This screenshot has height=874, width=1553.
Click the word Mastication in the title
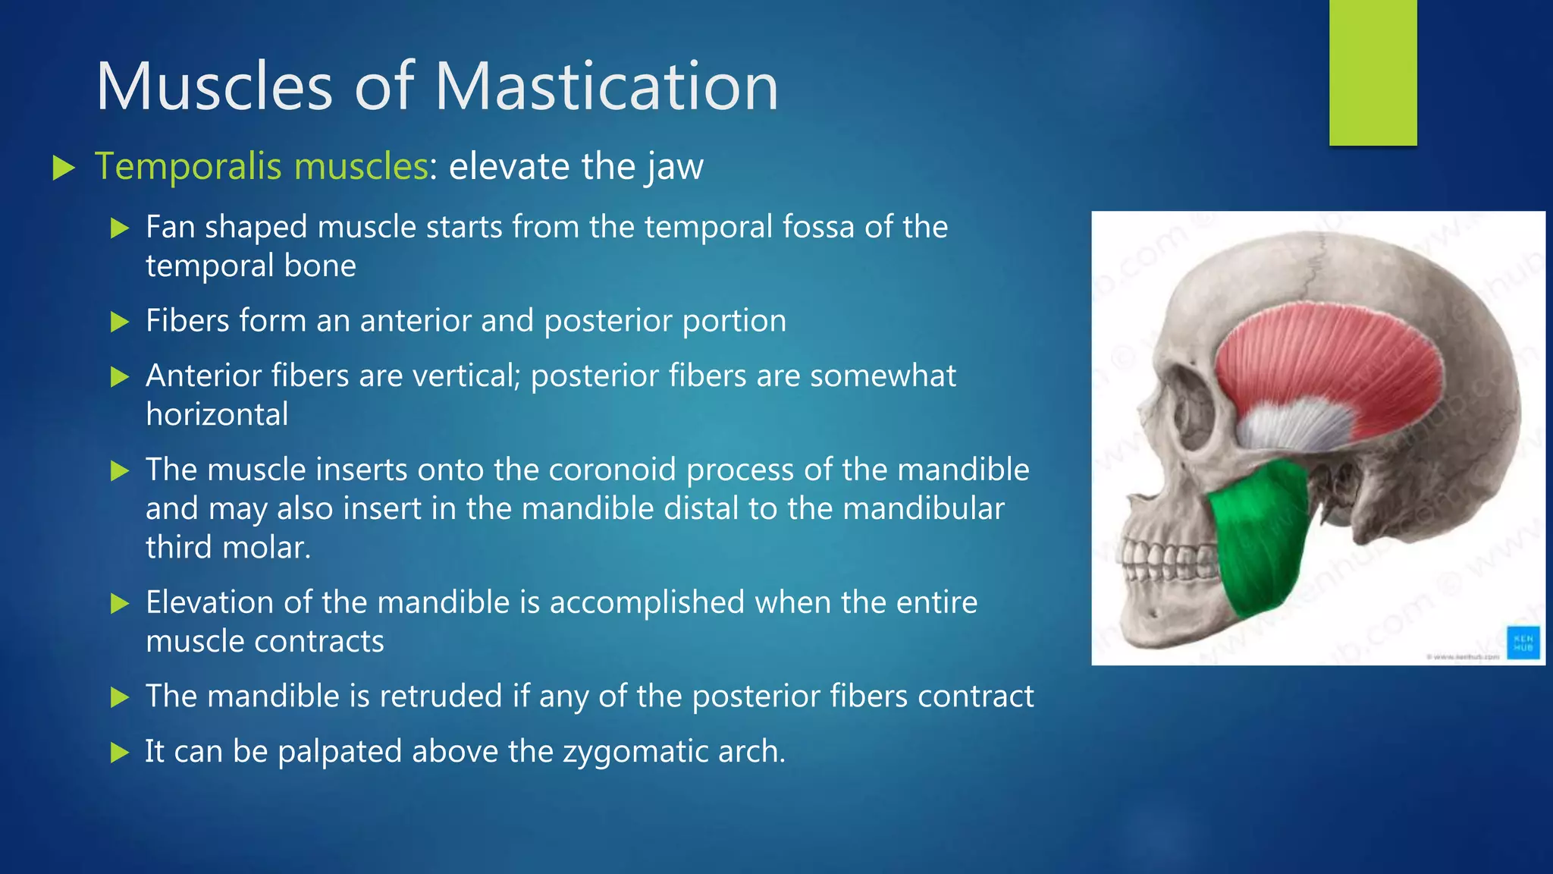[x=606, y=86]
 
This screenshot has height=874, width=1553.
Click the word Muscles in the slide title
[x=215, y=86]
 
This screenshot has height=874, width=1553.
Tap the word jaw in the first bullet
[x=675, y=168]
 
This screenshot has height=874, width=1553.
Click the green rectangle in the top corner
[x=1373, y=72]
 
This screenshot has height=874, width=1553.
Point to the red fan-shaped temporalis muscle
[x=1335, y=357]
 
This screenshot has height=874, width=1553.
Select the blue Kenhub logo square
[x=1523, y=643]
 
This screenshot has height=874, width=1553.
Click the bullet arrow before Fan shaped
[x=120, y=228]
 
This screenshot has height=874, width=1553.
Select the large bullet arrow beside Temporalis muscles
[x=64, y=168]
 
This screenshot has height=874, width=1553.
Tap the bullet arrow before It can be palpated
[x=120, y=753]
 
